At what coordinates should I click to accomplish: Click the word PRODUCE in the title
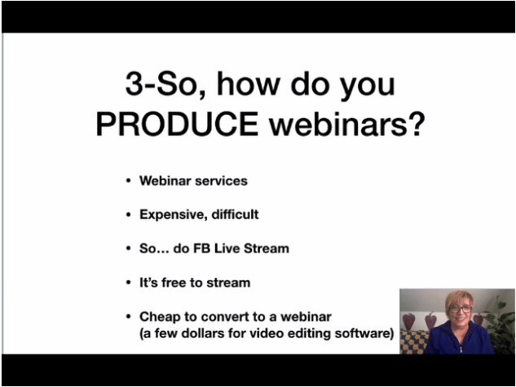click(x=177, y=124)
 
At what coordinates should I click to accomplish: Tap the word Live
click(x=227, y=248)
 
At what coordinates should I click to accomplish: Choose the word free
click(x=174, y=283)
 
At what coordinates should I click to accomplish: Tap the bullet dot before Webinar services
click(x=128, y=181)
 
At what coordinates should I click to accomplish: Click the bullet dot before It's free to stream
click(x=128, y=283)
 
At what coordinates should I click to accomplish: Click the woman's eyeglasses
click(x=461, y=309)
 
